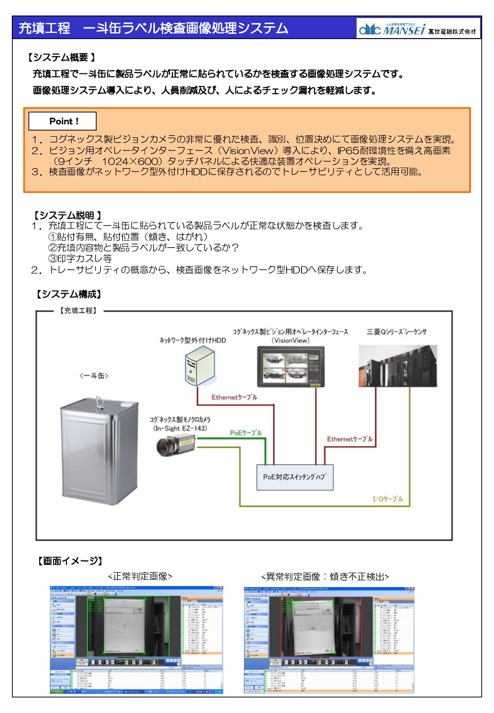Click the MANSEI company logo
418,29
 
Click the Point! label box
63,121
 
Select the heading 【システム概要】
61,58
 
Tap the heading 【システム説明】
67,215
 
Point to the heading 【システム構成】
68,294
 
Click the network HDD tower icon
199,365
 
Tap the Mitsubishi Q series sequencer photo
397,365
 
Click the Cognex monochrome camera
175,445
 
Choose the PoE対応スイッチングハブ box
294,477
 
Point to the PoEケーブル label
245,433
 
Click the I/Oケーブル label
387,499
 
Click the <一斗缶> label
94,376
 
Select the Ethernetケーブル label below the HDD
234,397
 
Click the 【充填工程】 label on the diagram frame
78,310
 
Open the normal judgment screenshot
137,641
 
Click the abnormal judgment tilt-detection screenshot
329,641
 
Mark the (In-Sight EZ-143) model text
180,428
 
